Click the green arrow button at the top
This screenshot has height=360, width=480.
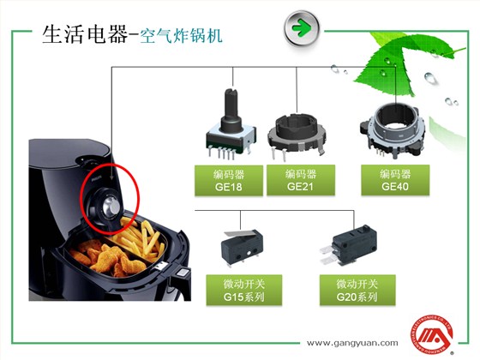coord(301,27)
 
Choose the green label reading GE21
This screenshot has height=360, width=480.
coord(294,179)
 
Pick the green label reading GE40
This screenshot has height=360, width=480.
coord(395,179)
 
